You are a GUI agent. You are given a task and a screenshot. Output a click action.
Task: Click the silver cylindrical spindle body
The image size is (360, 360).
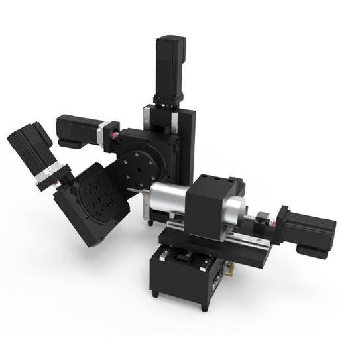click(170, 200)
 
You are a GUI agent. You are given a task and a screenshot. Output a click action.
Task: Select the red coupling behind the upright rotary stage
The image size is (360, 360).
click(114, 137)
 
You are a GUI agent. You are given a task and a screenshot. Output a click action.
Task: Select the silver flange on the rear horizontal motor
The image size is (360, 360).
click(103, 131)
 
